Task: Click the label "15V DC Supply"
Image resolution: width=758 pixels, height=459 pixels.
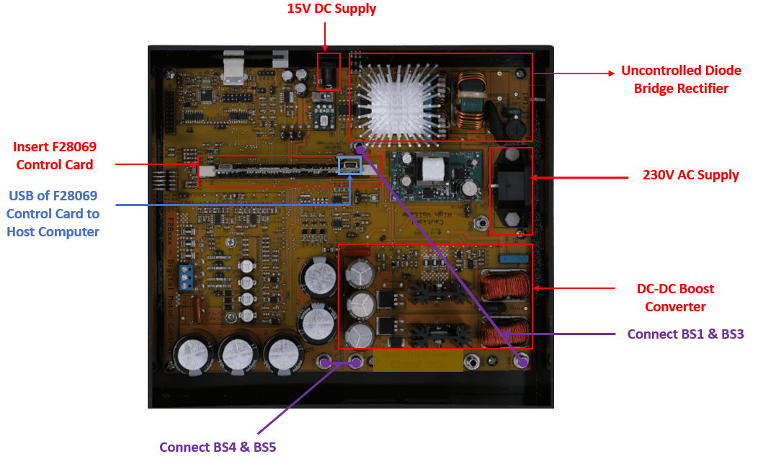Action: point(331,9)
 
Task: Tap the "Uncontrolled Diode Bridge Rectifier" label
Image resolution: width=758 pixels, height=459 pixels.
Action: point(681,79)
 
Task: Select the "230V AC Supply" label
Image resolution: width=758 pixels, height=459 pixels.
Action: point(690,175)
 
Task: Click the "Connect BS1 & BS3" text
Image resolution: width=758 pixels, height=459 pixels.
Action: point(685,334)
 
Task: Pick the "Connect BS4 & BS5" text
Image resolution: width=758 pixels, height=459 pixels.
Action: point(218,447)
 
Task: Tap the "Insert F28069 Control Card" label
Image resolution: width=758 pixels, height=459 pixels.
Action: point(55,156)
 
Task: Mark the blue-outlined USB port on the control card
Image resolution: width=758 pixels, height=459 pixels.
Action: point(349,166)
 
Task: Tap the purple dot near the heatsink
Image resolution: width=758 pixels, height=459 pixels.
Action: point(359,148)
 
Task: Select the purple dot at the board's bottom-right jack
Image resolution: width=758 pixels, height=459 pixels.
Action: point(521,362)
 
